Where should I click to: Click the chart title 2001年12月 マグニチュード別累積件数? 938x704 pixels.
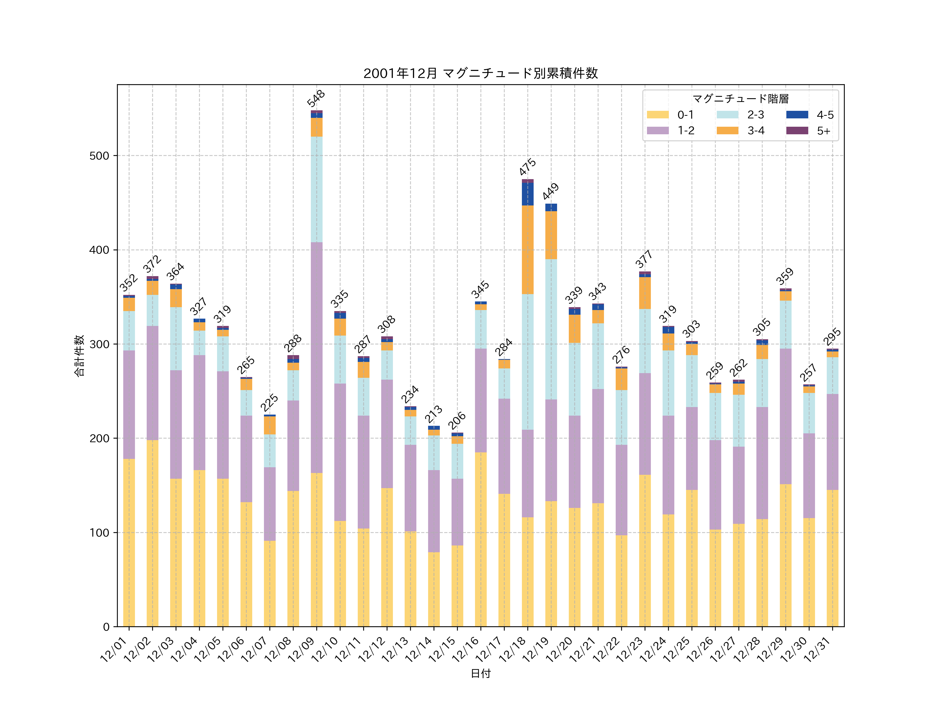pyautogui.click(x=480, y=74)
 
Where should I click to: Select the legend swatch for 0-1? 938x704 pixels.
pyautogui.click(x=658, y=114)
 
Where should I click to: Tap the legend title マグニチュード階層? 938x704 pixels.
pyautogui.click(x=740, y=99)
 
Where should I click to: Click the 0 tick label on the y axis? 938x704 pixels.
pyautogui.click(x=106, y=627)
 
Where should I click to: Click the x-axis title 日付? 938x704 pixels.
pyautogui.click(x=480, y=673)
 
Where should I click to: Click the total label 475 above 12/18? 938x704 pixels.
pyautogui.click(x=528, y=167)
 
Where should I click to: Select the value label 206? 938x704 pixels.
pyautogui.click(x=457, y=421)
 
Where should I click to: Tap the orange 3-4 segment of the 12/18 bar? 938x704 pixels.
pyautogui.click(x=528, y=250)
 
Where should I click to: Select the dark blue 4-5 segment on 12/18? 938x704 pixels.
pyautogui.click(x=528, y=194)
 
